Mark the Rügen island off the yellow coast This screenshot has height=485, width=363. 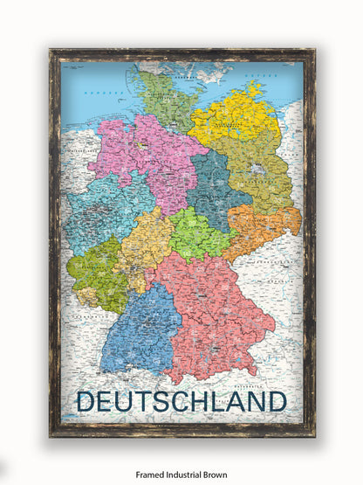(x=255, y=87)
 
